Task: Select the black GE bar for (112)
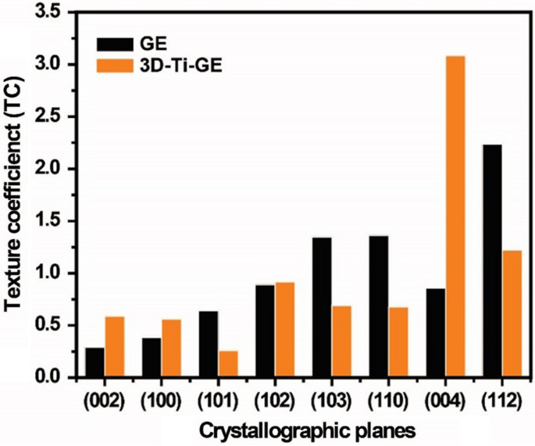coord(492,261)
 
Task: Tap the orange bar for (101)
coord(228,364)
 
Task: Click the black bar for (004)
coord(436,333)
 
